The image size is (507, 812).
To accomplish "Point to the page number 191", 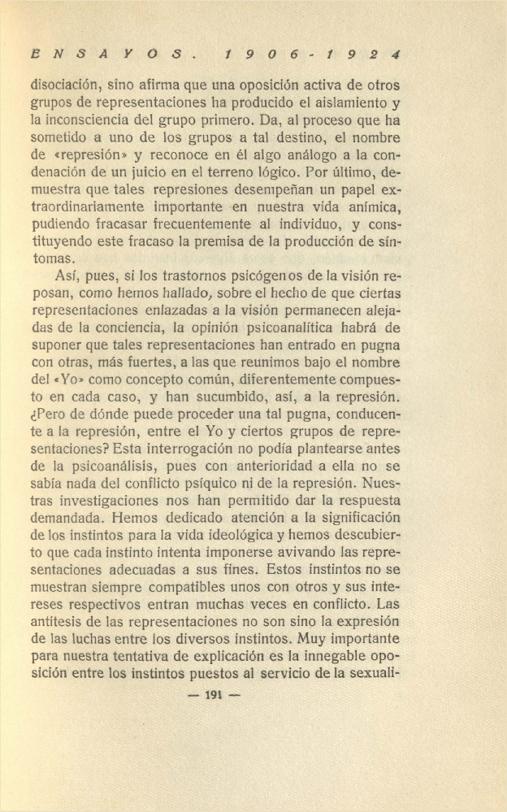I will coord(214,694).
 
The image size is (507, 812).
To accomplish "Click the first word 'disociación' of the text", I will coord(65,85).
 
